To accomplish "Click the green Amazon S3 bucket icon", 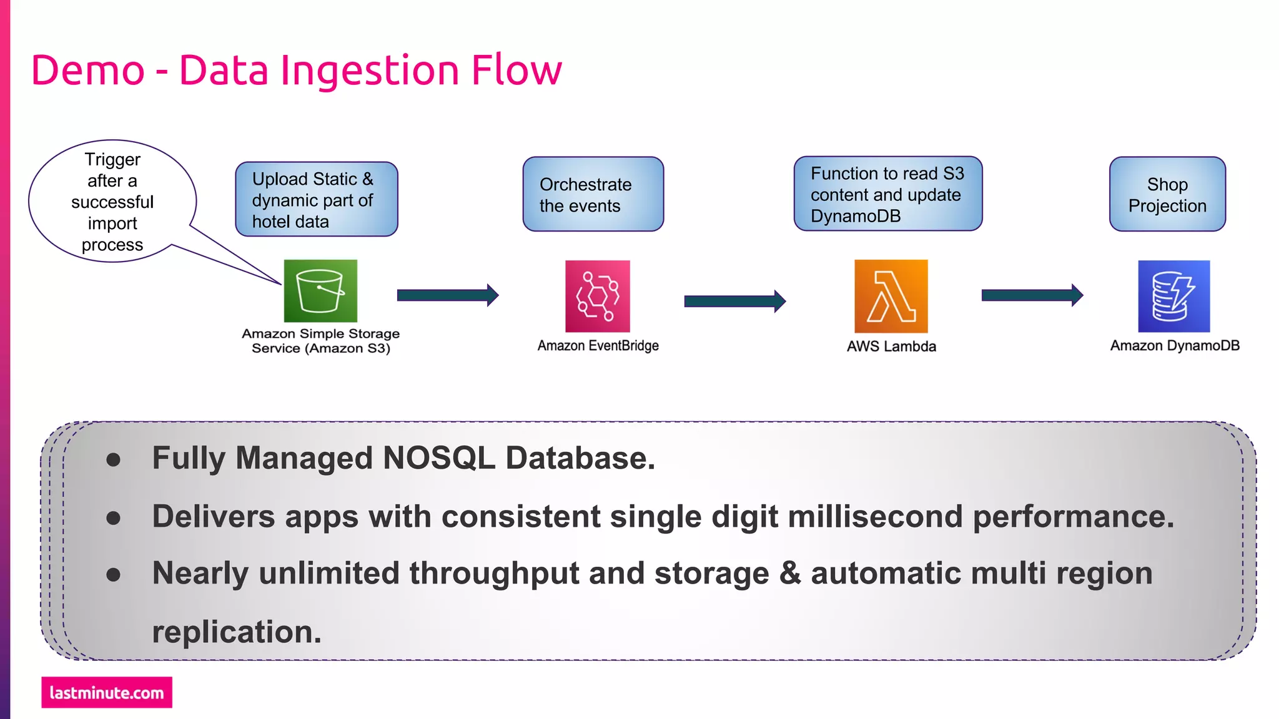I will [320, 291].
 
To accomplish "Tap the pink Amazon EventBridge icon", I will [598, 296].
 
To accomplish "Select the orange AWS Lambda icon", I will [891, 296].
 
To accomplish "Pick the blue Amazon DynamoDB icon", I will [1173, 296].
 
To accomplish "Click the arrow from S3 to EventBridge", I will [447, 295].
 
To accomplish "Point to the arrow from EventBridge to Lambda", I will [734, 301].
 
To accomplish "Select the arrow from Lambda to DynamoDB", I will [1032, 295].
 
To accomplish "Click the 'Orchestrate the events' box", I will [593, 194].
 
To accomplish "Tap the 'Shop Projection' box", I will [1167, 194].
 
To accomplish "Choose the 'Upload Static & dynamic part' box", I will [316, 199].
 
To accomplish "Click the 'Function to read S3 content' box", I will [887, 193].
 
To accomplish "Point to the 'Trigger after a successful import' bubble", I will [112, 201].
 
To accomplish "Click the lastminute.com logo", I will [107, 692].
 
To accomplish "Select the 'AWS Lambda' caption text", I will [891, 346].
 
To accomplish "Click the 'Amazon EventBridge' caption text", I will [598, 346].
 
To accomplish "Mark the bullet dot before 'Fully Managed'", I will [113, 460].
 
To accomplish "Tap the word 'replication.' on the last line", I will [237, 632].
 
